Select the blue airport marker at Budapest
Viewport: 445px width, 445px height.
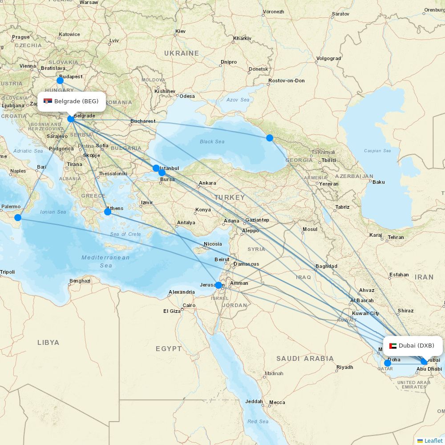pos(60,81)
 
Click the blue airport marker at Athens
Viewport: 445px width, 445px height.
pos(107,212)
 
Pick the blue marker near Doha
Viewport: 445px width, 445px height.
pos(388,363)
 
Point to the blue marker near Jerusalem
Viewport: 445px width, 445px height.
pos(218,285)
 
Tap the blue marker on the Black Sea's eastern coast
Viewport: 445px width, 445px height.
pos(270,138)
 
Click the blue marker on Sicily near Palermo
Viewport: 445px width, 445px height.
pos(18,218)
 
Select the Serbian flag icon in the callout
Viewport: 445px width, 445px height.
pos(48,101)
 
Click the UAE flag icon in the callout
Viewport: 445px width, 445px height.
pos(392,346)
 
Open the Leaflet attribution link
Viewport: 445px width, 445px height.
pos(433,441)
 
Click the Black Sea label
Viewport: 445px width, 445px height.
pos(212,142)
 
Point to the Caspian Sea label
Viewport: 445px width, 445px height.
pos(377,151)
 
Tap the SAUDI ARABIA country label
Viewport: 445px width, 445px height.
pos(305,358)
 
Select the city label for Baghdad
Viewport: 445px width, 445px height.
pos(326,266)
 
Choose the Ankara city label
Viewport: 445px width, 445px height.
pos(207,183)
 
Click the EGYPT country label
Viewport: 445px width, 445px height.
pos(169,349)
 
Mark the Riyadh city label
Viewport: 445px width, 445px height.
pos(344,367)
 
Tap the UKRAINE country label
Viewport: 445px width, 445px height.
pos(182,53)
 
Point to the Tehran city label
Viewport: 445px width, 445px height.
pos(396,237)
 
